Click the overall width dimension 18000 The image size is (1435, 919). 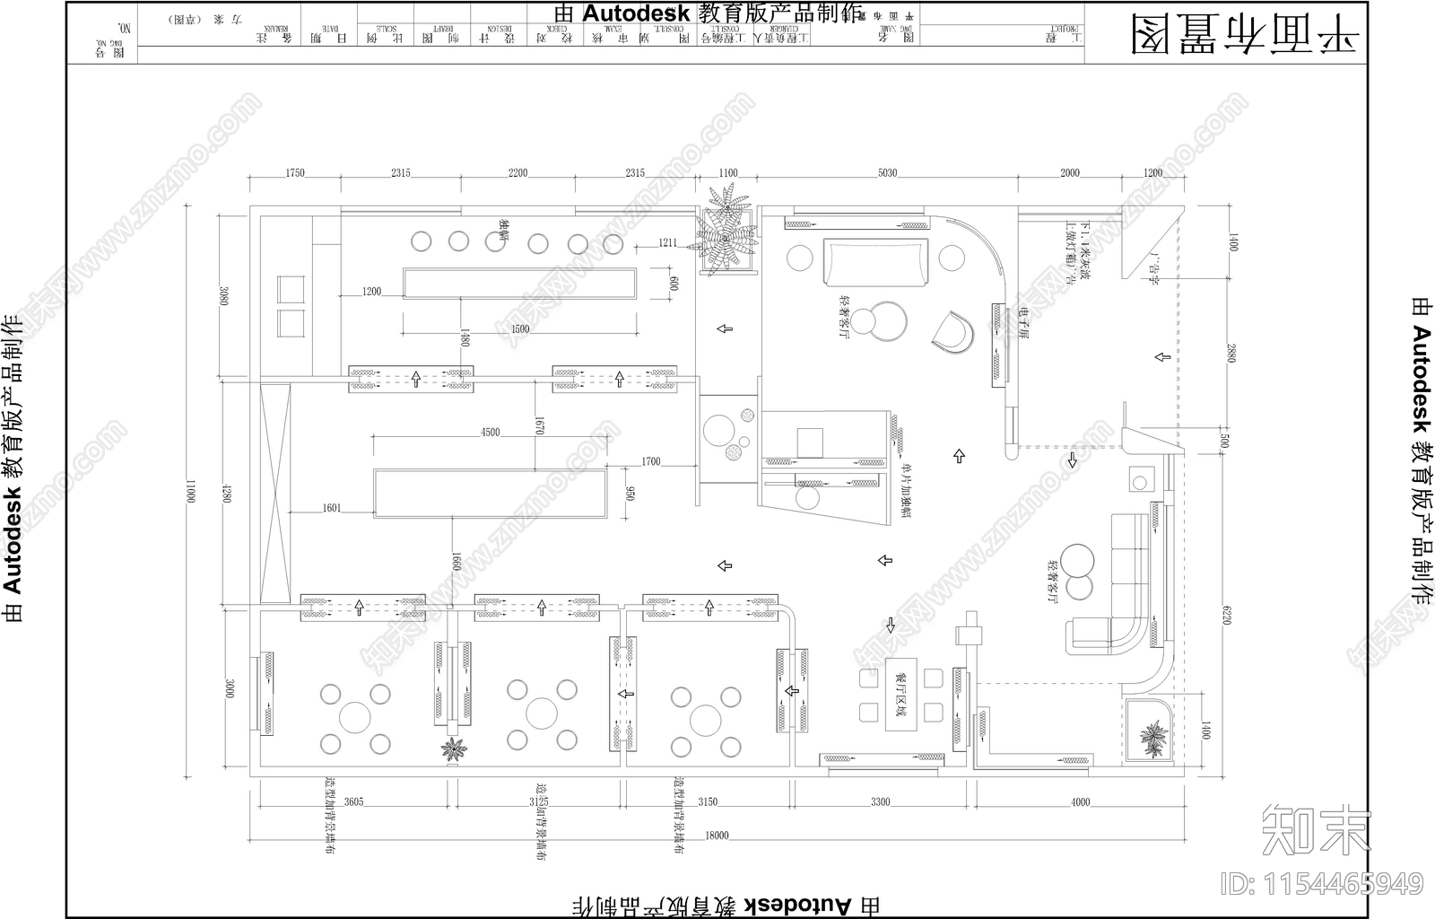pyautogui.click(x=717, y=836)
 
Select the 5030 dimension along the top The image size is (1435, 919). pyautogui.click(x=887, y=173)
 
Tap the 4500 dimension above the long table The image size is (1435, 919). pyautogui.click(x=490, y=433)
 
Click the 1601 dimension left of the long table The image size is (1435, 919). pyautogui.click(x=331, y=508)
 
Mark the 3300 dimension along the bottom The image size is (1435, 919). pyautogui.click(x=880, y=801)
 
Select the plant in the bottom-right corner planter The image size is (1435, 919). pyautogui.click(x=1152, y=740)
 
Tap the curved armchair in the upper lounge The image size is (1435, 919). pyautogui.click(x=952, y=333)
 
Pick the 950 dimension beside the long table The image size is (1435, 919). pyautogui.click(x=631, y=494)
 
